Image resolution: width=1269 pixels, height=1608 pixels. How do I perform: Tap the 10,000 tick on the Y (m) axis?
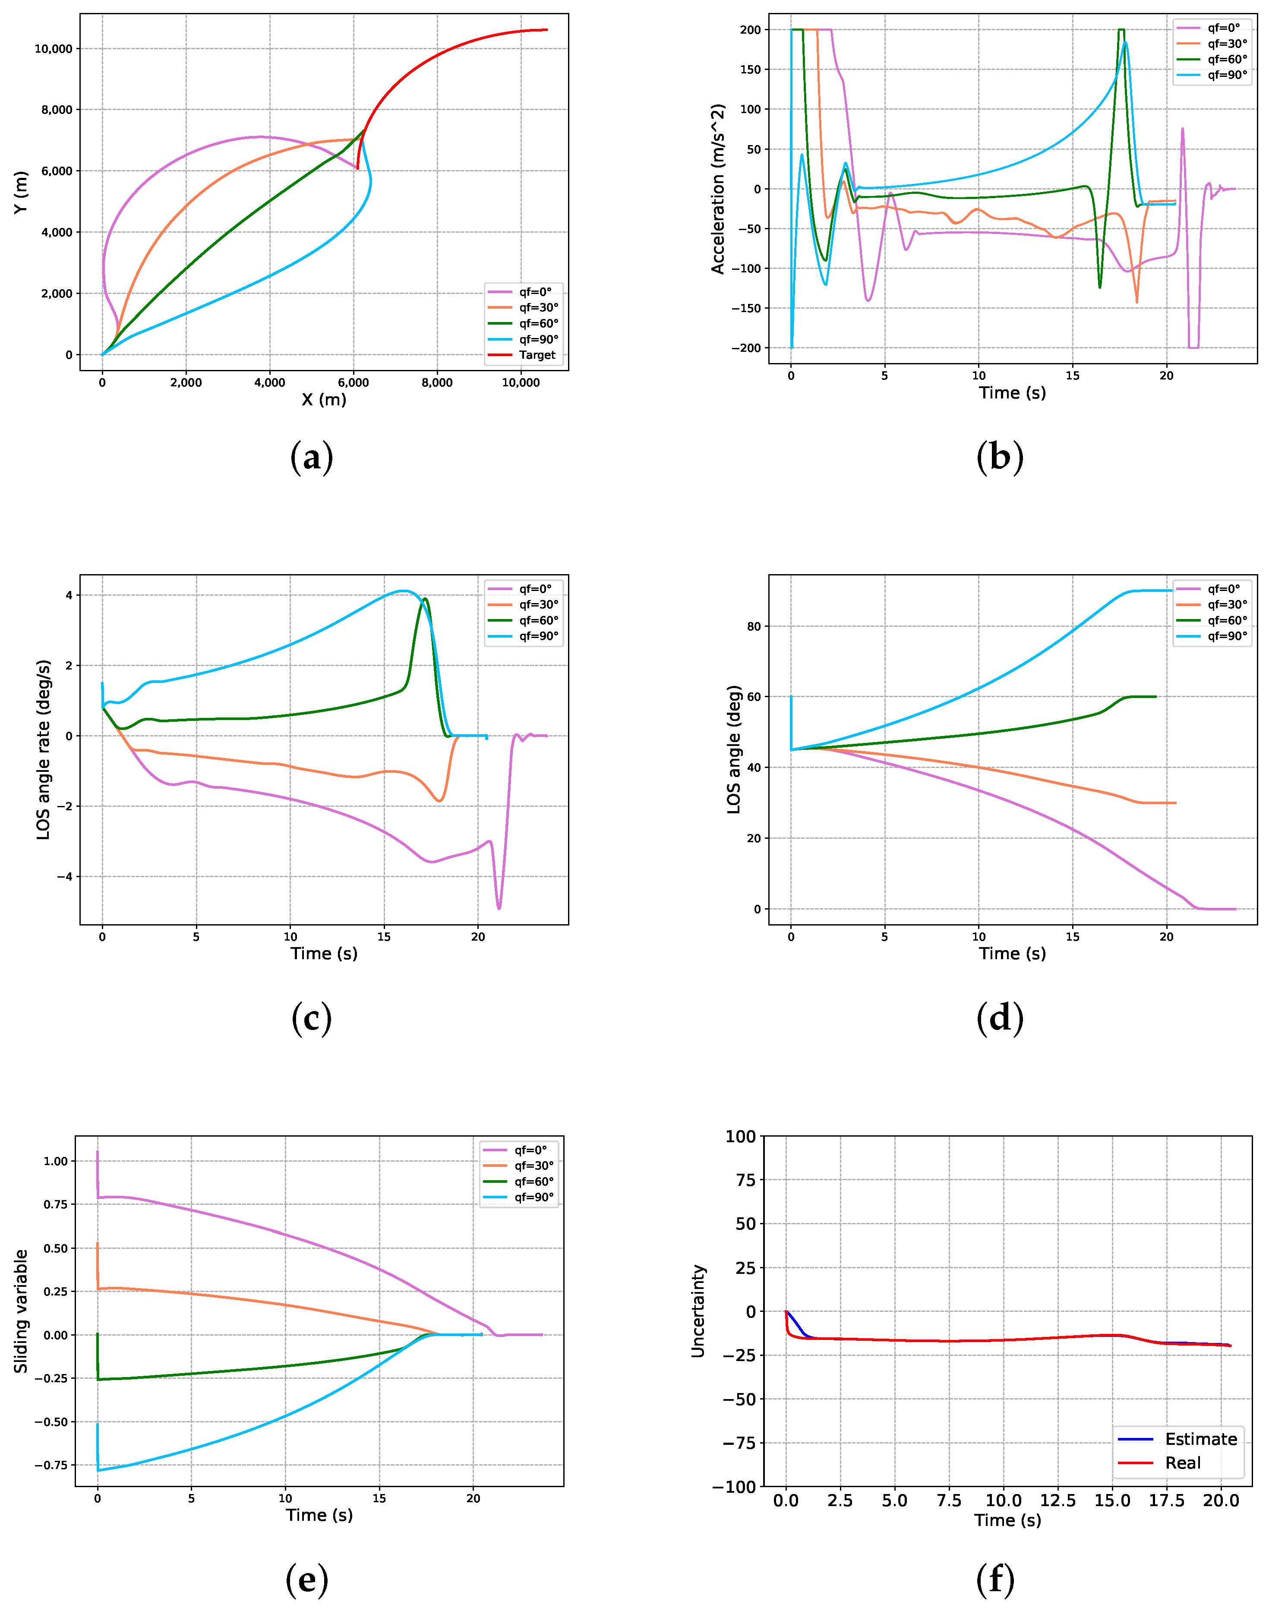click(x=54, y=49)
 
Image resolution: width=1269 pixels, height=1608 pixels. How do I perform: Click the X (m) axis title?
click(x=324, y=400)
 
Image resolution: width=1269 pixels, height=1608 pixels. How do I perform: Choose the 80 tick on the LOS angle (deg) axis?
click(x=753, y=626)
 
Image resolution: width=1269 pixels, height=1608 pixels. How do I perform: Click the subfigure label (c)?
click(x=311, y=1018)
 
